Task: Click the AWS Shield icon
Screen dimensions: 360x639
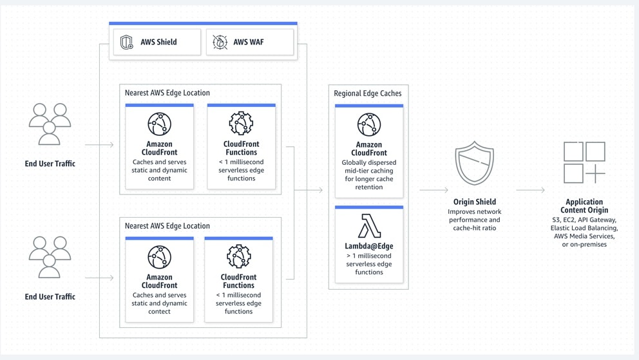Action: (127, 43)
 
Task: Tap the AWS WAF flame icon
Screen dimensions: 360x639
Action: (220, 43)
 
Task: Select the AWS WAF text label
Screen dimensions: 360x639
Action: (248, 43)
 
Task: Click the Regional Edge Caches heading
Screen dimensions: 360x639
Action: (367, 93)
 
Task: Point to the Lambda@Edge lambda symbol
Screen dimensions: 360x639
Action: (369, 226)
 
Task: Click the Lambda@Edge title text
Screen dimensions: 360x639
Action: (369, 245)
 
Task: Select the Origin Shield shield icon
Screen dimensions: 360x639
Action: (474, 164)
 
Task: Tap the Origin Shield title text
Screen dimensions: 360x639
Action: (474, 202)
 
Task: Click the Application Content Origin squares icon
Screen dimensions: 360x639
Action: (584, 162)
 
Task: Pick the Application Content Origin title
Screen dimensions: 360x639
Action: (584, 205)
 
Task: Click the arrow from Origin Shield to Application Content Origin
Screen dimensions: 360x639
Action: (530, 190)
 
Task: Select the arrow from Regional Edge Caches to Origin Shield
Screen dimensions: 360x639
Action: (434, 190)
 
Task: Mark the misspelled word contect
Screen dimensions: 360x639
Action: (159, 311)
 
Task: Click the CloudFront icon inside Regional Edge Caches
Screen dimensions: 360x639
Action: (369, 124)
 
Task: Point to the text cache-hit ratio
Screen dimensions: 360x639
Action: (474, 228)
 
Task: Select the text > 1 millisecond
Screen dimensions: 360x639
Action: (369, 256)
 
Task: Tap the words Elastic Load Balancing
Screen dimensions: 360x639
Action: (584, 228)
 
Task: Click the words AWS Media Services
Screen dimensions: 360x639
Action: (584, 236)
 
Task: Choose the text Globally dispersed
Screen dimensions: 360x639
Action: (369, 163)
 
